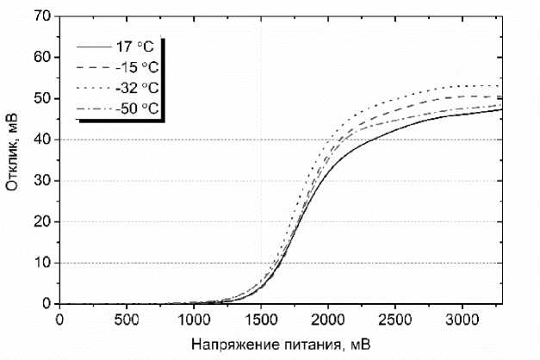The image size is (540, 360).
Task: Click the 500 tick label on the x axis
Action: pyautogui.click(x=127, y=319)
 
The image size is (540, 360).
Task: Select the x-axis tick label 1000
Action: pyautogui.click(x=194, y=319)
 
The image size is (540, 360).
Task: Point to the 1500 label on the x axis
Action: pyautogui.click(x=261, y=319)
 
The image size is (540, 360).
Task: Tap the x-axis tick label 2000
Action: pyautogui.click(x=328, y=319)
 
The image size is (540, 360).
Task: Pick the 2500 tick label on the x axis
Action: pyautogui.click(x=395, y=319)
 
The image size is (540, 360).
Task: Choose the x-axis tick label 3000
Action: pyautogui.click(x=462, y=319)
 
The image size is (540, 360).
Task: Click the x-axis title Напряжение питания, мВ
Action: pyautogui.click(x=282, y=344)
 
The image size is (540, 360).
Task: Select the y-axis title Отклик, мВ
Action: pyautogui.click(x=14, y=160)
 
